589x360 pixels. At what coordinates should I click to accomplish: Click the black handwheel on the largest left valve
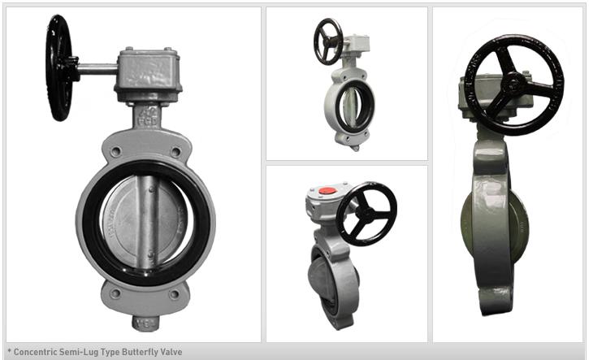pos(58,67)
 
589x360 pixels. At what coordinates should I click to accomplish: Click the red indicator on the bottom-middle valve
pos(327,192)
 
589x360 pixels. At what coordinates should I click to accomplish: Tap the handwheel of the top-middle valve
pos(328,41)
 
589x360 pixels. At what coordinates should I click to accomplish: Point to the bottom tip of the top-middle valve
pos(354,146)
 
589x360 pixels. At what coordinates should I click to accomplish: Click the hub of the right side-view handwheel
pos(513,82)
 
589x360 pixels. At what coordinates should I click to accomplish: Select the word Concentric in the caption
pos(32,352)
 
